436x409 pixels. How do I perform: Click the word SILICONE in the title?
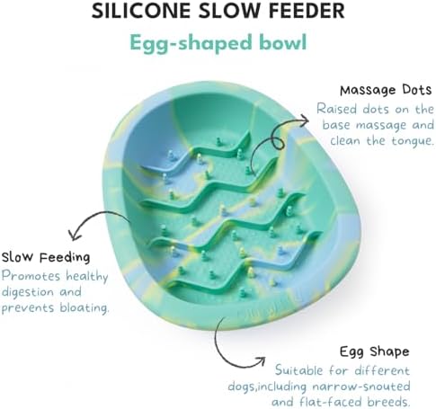[x=141, y=11]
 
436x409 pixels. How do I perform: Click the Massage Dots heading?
[x=386, y=90]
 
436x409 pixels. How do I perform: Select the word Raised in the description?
[x=337, y=109]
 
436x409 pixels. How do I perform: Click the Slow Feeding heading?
[x=46, y=257]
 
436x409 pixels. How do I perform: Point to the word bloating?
[x=85, y=307]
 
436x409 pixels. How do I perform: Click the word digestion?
[x=28, y=292]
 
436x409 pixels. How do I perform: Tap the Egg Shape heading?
[x=374, y=351]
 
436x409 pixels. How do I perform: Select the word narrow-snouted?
[x=361, y=386]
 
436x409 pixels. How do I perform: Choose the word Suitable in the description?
[x=299, y=370]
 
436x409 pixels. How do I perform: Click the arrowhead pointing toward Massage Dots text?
[x=303, y=121]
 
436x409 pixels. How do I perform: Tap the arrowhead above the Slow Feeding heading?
[x=74, y=235]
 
